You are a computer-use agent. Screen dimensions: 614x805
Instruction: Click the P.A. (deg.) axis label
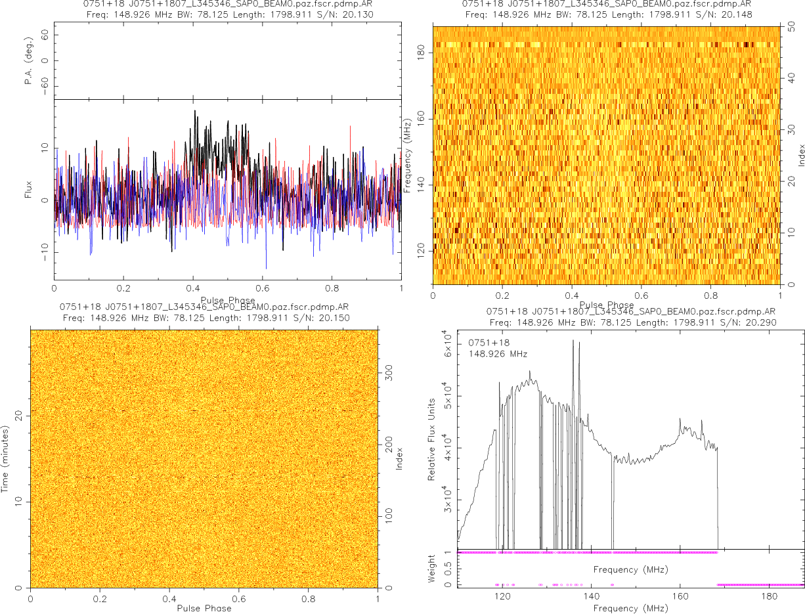pos(28,61)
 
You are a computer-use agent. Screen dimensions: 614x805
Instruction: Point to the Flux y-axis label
pos(28,192)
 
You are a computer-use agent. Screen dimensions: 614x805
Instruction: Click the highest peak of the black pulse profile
pos(195,111)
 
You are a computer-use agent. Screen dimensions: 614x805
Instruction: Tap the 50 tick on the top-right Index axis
pos(793,27)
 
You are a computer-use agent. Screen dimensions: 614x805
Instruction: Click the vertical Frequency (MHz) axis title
pos(408,155)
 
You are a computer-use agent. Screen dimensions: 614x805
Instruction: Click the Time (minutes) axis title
pos(6,458)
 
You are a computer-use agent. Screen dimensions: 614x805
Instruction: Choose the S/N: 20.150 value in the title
pos(326,318)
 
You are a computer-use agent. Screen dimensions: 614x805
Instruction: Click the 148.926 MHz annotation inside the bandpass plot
pos(498,355)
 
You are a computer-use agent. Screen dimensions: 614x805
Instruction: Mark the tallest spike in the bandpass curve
pos(573,340)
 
